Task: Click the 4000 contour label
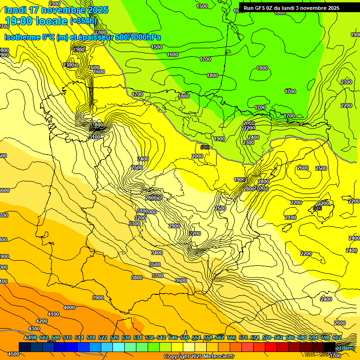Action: click(x=69, y=307)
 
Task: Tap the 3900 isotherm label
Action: click(x=98, y=298)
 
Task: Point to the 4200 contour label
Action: click(x=42, y=321)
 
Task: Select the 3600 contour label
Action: click(x=181, y=280)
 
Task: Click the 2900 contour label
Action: click(x=174, y=226)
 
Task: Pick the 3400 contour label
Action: click(x=157, y=253)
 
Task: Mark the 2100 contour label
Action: click(x=291, y=217)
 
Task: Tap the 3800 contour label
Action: click(x=137, y=277)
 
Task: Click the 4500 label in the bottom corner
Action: click(x=14, y=354)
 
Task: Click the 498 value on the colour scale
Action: click(x=32, y=337)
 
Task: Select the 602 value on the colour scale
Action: click(x=337, y=337)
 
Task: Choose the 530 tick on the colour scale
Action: click(x=126, y=337)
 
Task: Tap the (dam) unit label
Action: click(x=347, y=347)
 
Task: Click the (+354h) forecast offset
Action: click(x=83, y=21)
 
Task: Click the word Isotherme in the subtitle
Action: click(x=22, y=37)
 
